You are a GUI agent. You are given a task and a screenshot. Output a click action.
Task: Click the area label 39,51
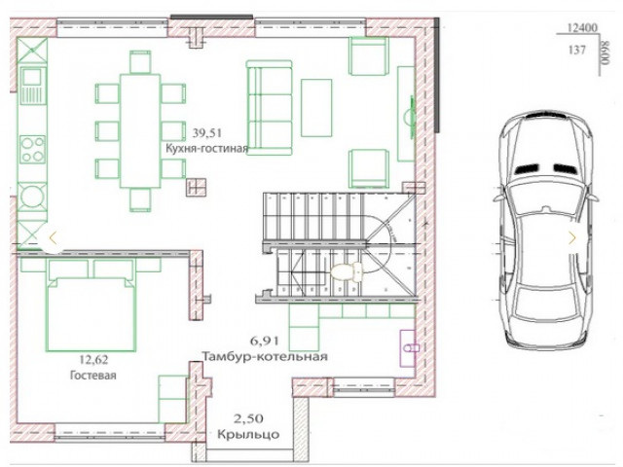coord(207,132)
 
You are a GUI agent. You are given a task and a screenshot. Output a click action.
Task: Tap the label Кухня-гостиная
coord(206,149)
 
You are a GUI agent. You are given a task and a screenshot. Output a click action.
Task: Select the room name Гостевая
coord(93,376)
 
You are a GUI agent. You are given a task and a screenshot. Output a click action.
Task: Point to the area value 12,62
coord(93,360)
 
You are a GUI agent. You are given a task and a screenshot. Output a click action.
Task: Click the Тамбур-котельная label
coord(265,356)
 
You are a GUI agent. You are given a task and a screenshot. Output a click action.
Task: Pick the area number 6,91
coord(264,341)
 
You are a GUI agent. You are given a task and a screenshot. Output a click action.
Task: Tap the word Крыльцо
coord(248,434)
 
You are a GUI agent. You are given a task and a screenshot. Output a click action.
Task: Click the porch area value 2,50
coord(248,418)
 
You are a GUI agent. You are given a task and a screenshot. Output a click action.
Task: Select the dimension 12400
coord(582,28)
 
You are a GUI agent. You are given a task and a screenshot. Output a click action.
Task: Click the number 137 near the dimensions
coord(577,50)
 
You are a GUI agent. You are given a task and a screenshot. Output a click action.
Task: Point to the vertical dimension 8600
coord(605,53)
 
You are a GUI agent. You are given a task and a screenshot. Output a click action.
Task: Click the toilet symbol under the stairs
coord(347,272)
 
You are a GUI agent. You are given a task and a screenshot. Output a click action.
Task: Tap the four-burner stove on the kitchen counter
coord(32,149)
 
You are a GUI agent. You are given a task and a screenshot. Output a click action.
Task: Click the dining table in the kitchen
coord(140,130)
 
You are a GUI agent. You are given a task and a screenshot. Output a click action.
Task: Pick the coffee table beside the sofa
coord(316,108)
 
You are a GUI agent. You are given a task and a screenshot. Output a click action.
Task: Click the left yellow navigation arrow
coord(53,238)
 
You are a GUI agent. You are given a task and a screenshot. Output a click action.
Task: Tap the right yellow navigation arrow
coord(572,238)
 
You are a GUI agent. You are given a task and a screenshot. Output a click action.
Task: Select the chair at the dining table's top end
coord(140,62)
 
